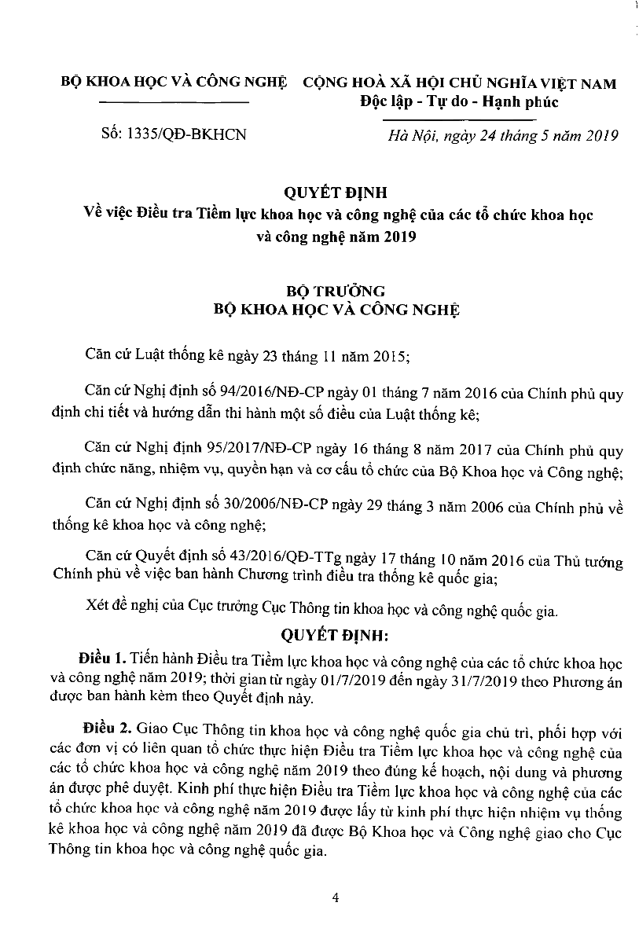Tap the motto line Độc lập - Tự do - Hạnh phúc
pyautogui.click(x=458, y=101)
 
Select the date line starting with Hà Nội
pyautogui.click(x=504, y=135)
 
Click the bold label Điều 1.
pyautogui.click(x=104, y=657)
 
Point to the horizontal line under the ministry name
pyautogui.click(x=176, y=103)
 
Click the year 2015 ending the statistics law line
pyautogui.click(x=391, y=355)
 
